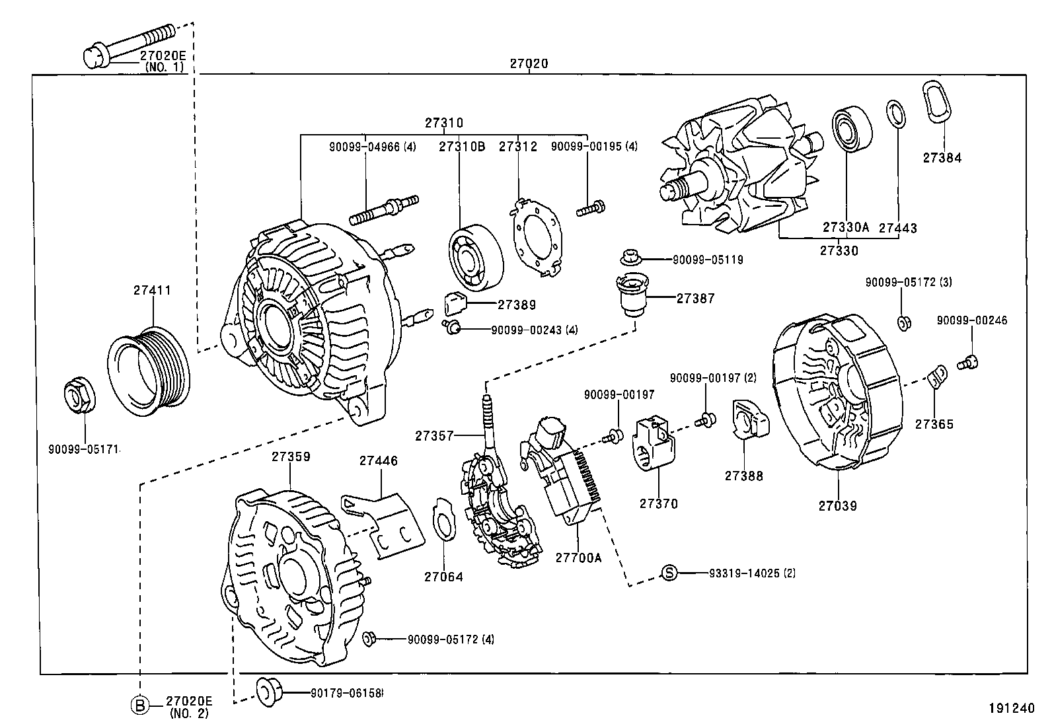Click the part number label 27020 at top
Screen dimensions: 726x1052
(x=529, y=64)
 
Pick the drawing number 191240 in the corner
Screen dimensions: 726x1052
(x=1010, y=708)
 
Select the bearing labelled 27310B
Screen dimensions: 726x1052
(x=474, y=258)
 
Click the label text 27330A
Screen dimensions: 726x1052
(x=846, y=227)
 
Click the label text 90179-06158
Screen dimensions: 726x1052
(x=347, y=693)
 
